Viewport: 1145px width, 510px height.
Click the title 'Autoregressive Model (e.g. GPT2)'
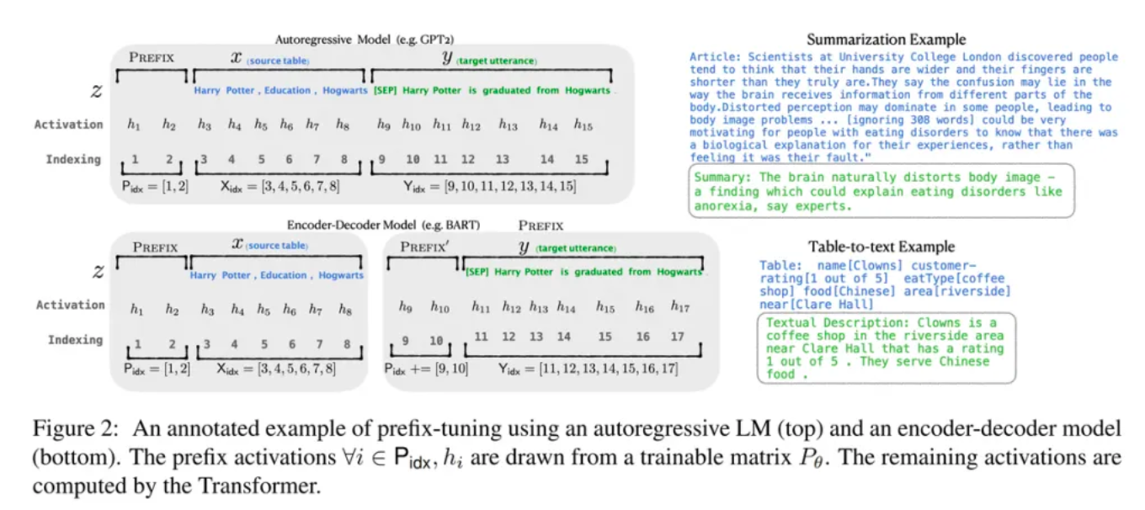click(358, 39)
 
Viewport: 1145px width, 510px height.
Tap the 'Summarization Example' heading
click(886, 40)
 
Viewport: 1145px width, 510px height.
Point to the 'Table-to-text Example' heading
click(881, 247)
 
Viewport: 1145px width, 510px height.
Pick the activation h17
click(679, 307)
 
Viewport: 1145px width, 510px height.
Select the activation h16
click(644, 307)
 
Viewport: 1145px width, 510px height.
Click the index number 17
click(678, 337)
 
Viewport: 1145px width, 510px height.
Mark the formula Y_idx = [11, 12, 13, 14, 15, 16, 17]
click(588, 369)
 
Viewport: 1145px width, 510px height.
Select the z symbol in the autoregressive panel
click(99, 89)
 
